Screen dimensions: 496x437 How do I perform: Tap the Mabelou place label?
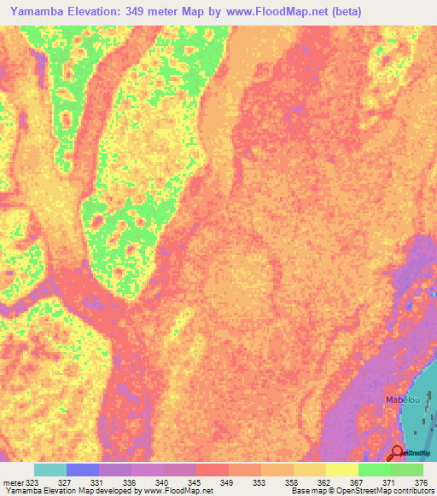400,398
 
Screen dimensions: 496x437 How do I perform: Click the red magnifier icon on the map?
396,453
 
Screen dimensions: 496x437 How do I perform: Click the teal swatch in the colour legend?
50,470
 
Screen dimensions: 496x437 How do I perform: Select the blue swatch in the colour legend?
83,470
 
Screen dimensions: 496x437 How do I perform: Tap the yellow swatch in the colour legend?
342,470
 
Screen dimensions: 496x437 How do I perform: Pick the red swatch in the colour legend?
213,470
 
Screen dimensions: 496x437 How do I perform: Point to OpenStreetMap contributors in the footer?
387,491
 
